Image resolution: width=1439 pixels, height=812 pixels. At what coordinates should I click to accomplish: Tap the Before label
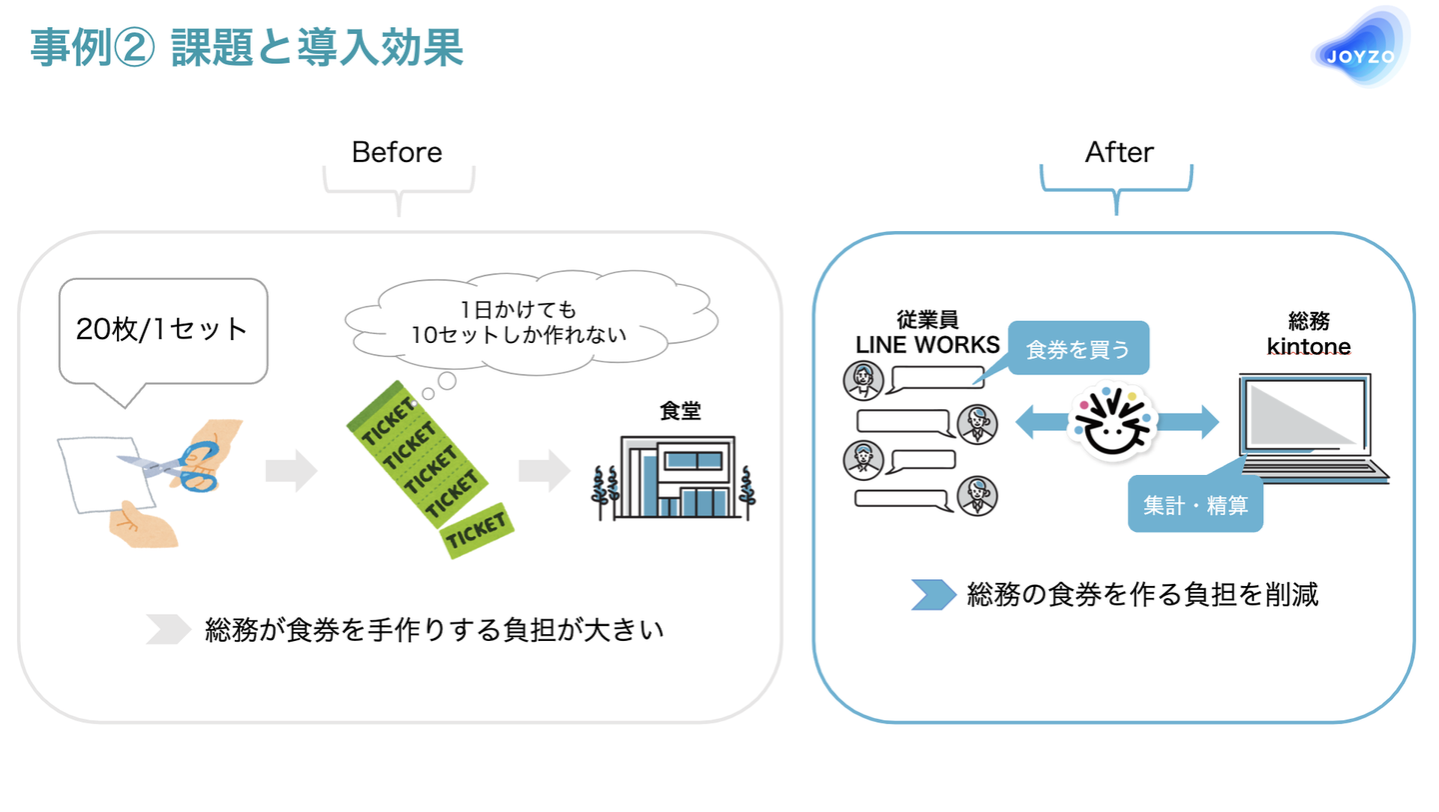tap(397, 153)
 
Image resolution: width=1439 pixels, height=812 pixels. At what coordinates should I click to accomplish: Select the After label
tap(1119, 153)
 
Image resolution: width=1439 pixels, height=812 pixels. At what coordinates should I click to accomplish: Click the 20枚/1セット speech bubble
tap(163, 331)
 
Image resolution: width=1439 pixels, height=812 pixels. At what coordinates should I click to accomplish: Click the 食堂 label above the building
tap(680, 411)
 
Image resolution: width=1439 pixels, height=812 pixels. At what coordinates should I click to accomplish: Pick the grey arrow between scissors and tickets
tap(290, 471)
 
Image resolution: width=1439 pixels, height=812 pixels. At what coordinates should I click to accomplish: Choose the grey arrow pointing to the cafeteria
tap(544, 471)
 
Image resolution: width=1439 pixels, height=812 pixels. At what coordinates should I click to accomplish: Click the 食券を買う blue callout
tap(1077, 349)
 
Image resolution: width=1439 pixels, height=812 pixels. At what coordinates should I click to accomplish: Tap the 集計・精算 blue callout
tap(1195, 506)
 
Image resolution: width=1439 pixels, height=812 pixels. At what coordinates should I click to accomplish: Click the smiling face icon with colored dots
tap(1112, 421)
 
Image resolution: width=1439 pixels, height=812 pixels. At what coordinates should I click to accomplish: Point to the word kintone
tap(1308, 347)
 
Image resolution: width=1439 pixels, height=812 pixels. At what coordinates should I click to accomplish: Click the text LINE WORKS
tap(927, 345)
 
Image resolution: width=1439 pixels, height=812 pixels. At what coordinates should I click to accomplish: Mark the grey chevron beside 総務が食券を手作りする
tap(168, 629)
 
